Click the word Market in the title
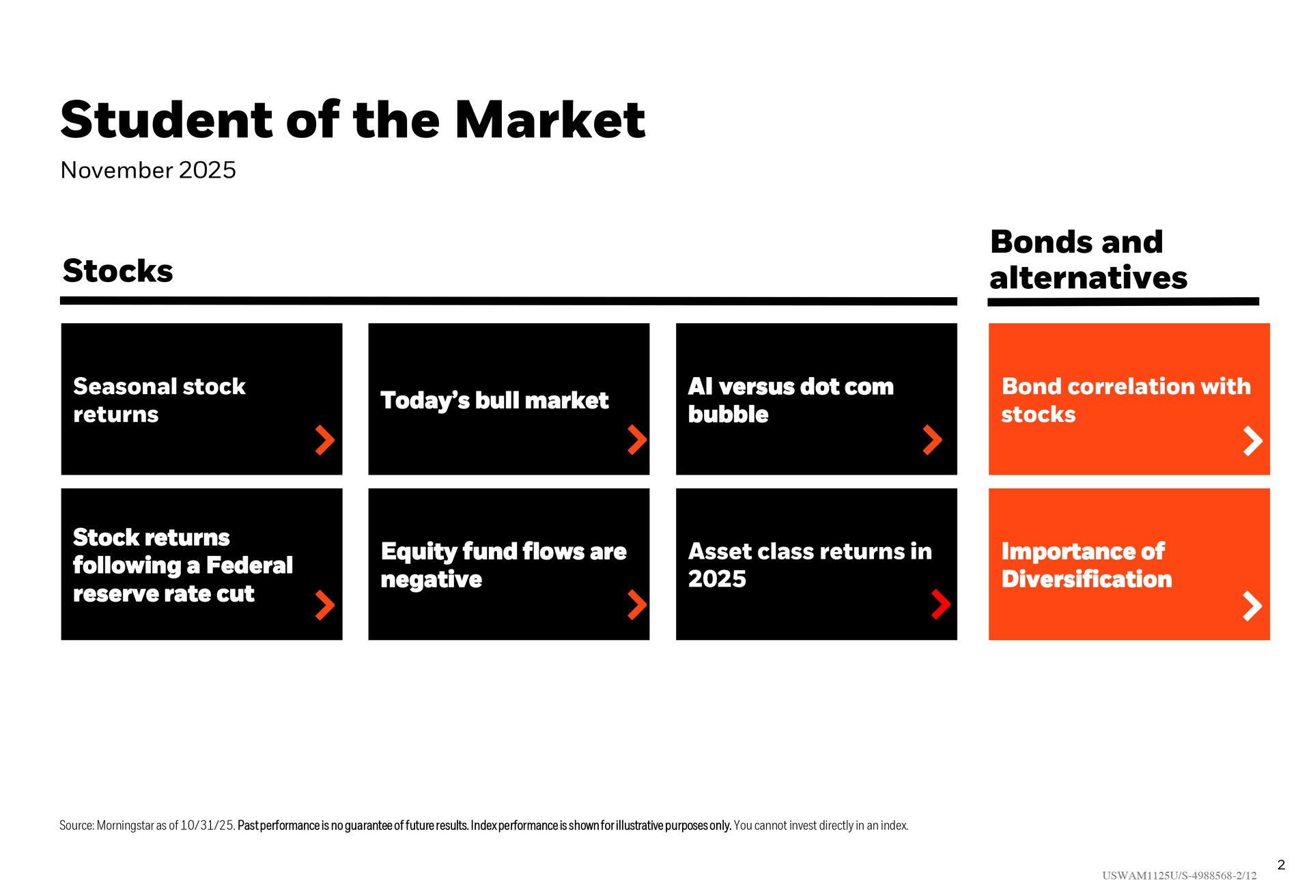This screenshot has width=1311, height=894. click(550, 120)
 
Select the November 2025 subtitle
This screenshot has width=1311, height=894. click(148, 170)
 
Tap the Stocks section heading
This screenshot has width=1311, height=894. click(117, 271)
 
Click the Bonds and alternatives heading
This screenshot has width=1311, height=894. click(1088, 260)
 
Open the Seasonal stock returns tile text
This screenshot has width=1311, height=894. click(159, 400)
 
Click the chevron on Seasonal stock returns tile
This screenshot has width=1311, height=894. click(325, 440)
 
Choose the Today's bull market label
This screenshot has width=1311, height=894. click(494, 400)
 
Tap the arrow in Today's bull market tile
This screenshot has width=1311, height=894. click(637, 440)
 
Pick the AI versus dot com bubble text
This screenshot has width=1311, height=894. click(791, 400)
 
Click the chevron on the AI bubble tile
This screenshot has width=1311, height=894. click(933, 440)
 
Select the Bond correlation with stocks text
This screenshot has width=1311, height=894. click(1126, 400)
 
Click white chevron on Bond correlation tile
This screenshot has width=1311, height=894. click(1253, 441)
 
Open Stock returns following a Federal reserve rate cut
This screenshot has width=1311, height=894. click(183, 565)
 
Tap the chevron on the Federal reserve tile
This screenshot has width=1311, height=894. click(325, 605)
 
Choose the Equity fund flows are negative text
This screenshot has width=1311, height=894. click(503, 565)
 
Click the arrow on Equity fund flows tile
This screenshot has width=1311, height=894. click(637, 605)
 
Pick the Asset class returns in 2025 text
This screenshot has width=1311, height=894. click(810, 565)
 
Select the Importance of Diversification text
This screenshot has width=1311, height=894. click(1086, 565)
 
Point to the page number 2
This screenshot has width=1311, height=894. click(1281, 865)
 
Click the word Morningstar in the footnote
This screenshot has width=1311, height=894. click(125, 826)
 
